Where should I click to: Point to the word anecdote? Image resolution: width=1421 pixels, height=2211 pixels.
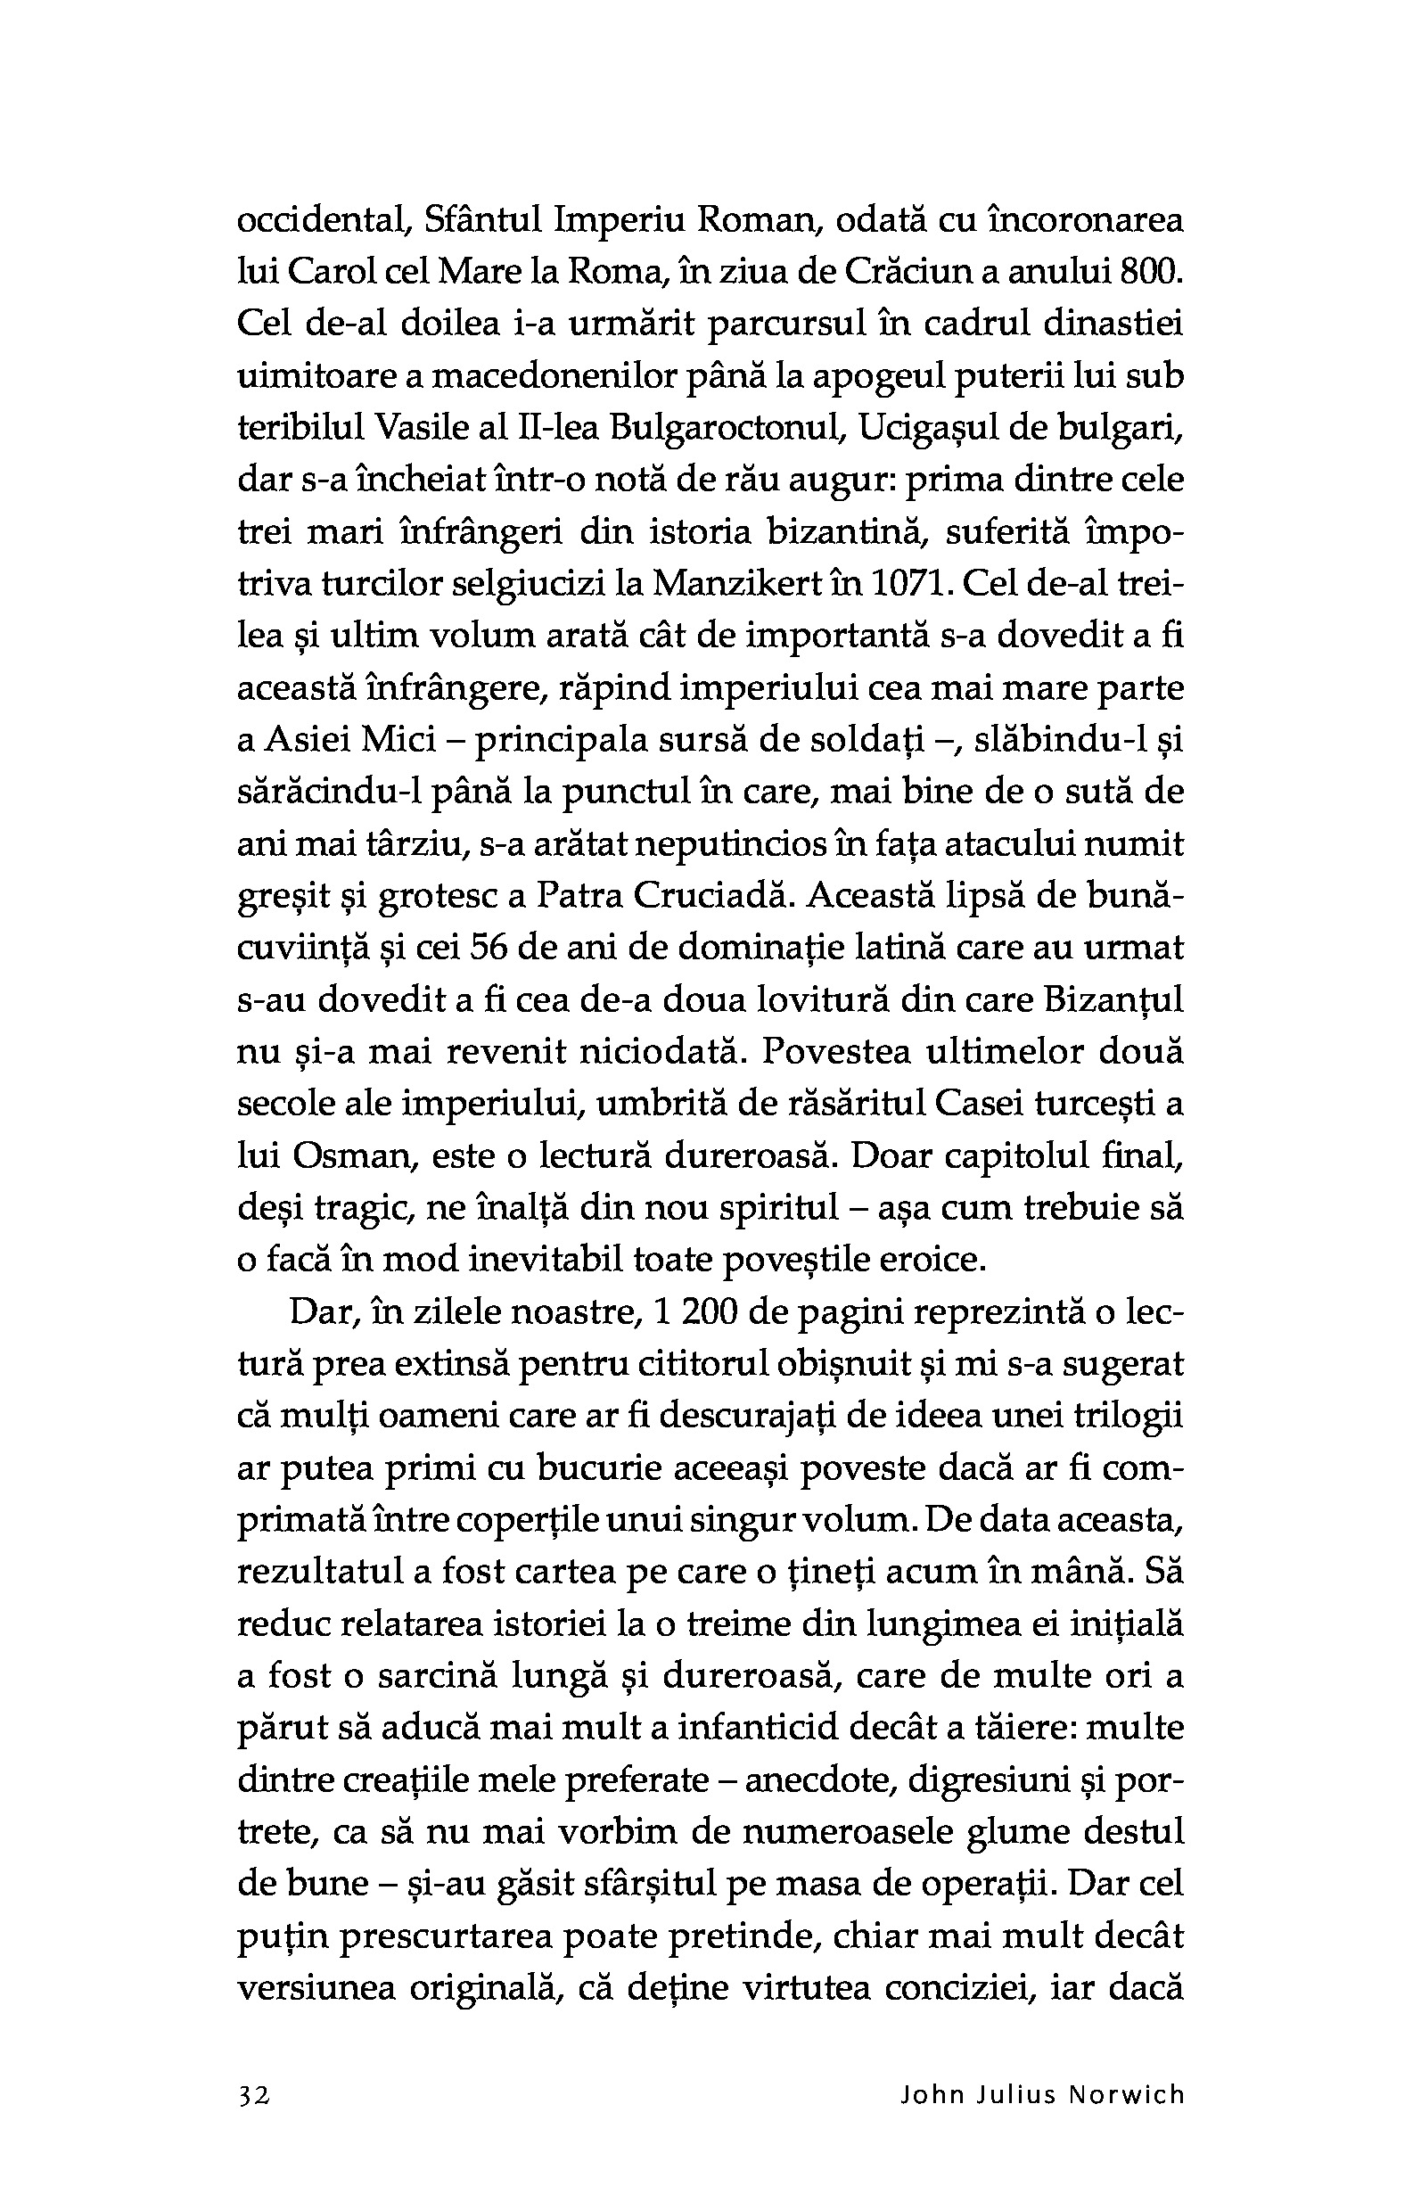[818, 1780]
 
